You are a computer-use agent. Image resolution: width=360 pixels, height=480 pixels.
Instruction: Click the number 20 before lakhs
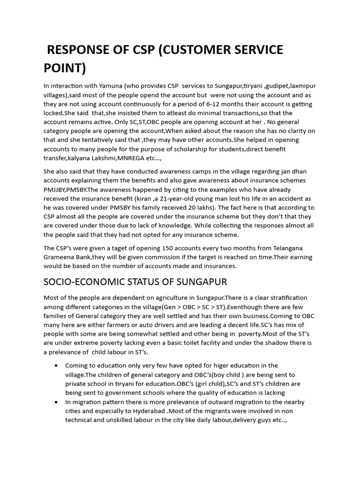coord(193,207)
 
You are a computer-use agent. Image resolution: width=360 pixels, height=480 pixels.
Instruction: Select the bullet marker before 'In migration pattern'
coord(57,402)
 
